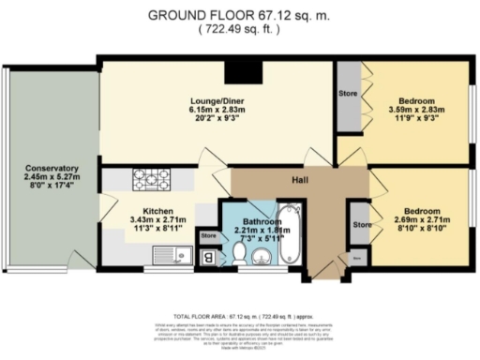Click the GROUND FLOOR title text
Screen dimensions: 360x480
coord(240,15)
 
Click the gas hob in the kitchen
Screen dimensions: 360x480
coord(151,175)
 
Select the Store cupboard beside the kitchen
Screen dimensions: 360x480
coord(208,236)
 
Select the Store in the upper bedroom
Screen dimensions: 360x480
coord(349,94)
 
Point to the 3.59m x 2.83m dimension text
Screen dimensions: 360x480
coord(414,111)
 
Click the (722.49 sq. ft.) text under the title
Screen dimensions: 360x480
coord(240,31)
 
